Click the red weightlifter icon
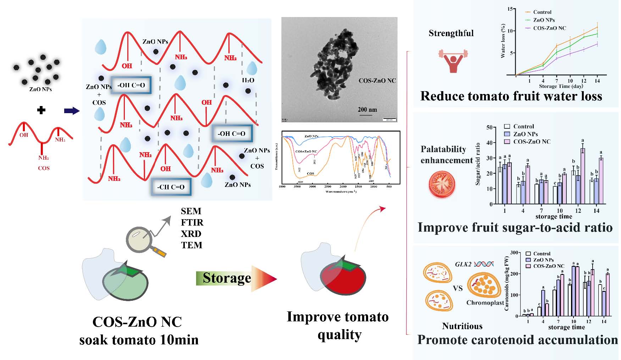pos(453,60)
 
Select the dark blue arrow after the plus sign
pos(72,111)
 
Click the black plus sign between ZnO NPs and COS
pos(41,110)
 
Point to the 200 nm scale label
pos(367,109)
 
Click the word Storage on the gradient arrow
pos(227,278)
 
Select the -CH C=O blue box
pos(171,187)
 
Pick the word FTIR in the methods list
pos(192,222)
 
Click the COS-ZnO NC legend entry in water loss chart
pos(549,28)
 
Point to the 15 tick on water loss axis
pos(510,9)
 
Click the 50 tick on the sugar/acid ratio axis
pos(489,127)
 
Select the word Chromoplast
pos(485,303)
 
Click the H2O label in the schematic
pos(248,80)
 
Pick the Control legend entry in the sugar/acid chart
pos(523,126)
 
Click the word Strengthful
pos(451,33)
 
